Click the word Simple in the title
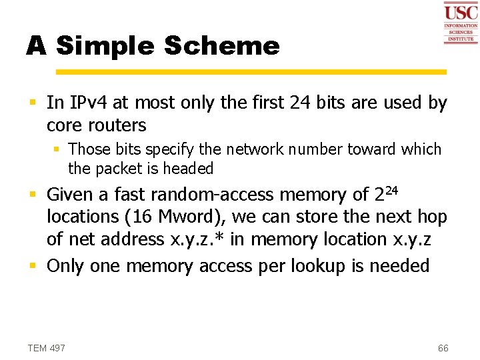click(x=105, y=46)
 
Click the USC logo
click(x=461, y=23)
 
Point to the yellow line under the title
click(x=251, y=71)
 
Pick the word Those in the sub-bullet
click(x=89, y=149)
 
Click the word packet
click(x=124, y=169)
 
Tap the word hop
click(x=431, y=217)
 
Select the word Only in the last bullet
click(x=65, y=265)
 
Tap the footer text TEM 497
click(x=46, y=348)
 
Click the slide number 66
click(x=443, y=348)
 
